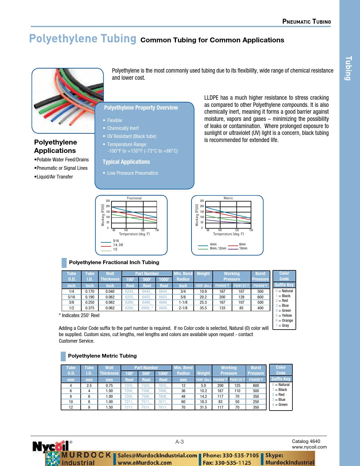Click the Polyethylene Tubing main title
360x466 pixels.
coord(83,39)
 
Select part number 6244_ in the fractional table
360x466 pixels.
coord(130,292)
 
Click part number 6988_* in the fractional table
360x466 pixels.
coord(147,308)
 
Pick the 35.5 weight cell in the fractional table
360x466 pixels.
coord(203,308)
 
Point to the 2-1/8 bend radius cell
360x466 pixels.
coord(183,308)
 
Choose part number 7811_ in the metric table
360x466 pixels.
coord(163,402)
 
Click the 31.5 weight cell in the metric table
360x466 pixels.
coord(203,407)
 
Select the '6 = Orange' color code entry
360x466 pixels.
coord(284,321)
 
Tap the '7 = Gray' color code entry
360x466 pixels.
coord(282,326)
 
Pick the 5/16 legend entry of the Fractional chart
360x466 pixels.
coord(116,241)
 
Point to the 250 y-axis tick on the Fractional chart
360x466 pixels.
coord(107,201)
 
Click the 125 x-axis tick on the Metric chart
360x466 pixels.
coord(237,230)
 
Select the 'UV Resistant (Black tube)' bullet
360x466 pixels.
coord(131,136)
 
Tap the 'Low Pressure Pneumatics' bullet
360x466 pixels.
coord(132,173)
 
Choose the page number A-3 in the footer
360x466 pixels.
coord(180,442)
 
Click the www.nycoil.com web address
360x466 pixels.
coord(309,447)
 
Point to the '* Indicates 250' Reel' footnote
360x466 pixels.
coord(79,315)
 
